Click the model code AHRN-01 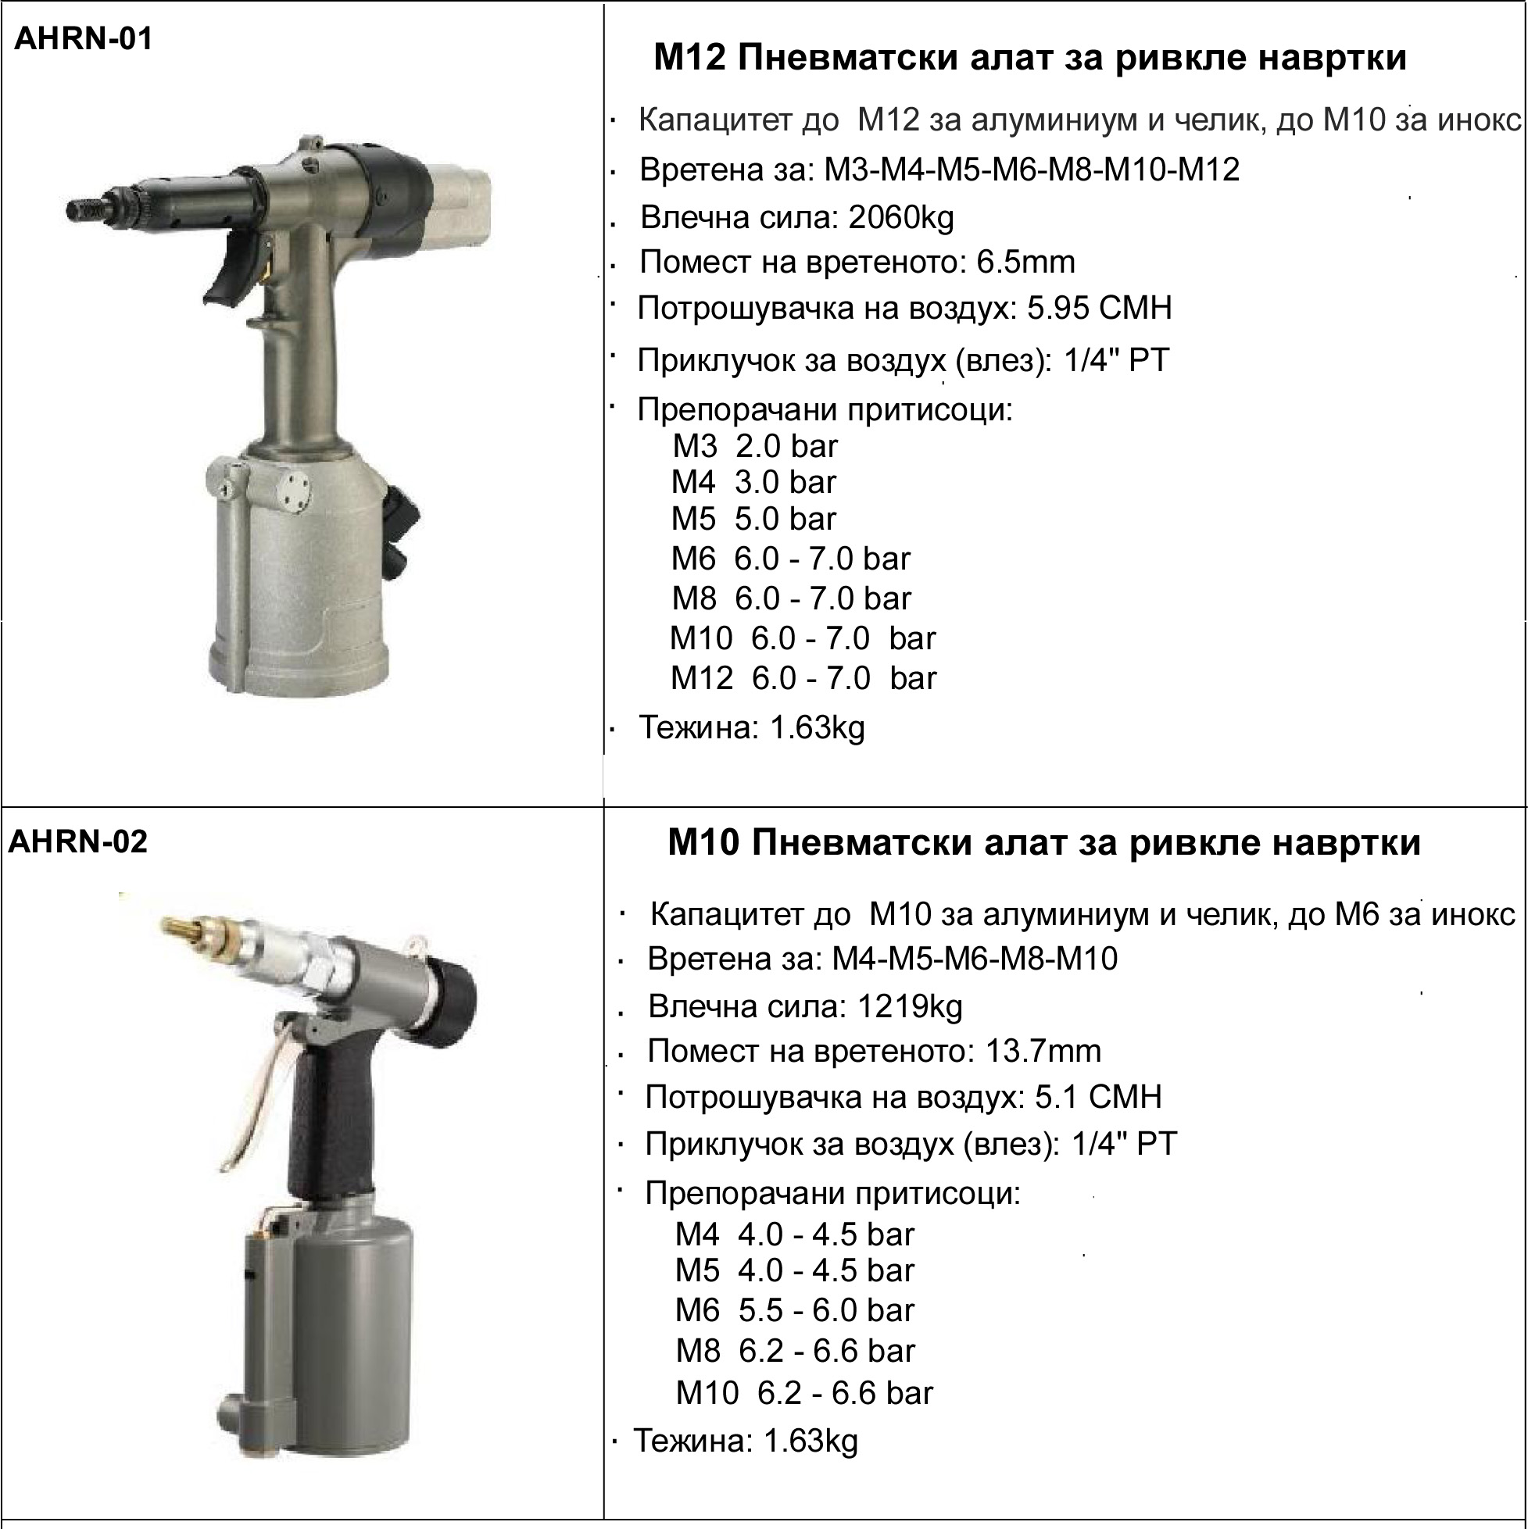tap(83, 38)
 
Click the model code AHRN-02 tap(77, 841)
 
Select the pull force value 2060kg tap(901, 218)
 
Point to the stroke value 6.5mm tap(1026, 262)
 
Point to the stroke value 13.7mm tap(1043, 1051)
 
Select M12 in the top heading tap(689, 58)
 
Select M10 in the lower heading tap(704, 843)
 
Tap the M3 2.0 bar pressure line tap(755, 446)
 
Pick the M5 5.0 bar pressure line tap(753, 519)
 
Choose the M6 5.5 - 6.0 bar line tap(795, 1310)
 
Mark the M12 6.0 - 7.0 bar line tap(803, 678)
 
